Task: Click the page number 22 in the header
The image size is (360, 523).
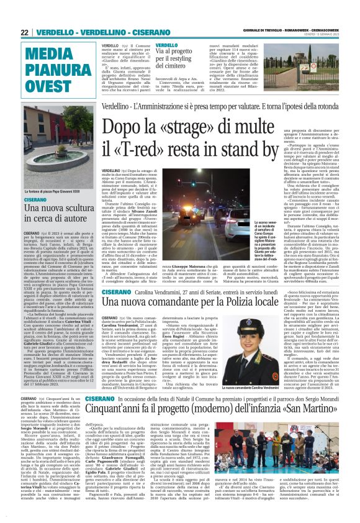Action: [x=25, y=32]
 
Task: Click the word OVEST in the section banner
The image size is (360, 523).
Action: [x=47, y=84]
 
